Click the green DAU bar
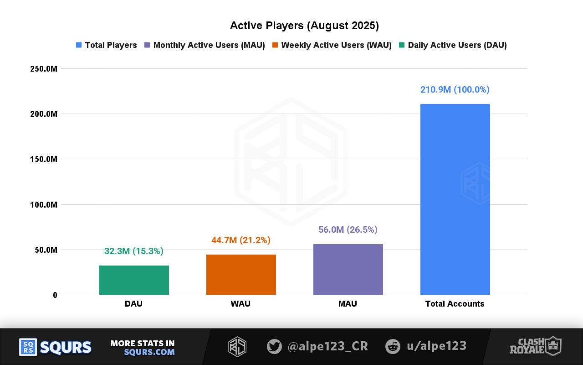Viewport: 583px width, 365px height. coord(134,280)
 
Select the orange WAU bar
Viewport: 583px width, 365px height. coord(241,275)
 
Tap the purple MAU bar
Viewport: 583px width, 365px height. coord(348,269)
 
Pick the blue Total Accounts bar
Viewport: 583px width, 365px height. coord(455,199)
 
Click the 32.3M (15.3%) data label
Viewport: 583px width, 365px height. coord(134,251)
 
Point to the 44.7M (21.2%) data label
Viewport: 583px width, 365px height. coord(241,240)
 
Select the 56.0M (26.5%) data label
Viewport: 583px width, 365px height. coord(348,229)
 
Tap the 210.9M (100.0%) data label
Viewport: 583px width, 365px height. coord(455,89)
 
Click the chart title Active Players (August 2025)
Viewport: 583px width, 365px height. coord(304,26)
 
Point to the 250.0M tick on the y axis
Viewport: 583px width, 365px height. coord(44,69)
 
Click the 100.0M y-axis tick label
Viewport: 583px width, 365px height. coord(44,205)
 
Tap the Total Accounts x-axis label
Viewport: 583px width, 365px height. coord(455,304)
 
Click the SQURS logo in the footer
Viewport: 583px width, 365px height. coord(56,347)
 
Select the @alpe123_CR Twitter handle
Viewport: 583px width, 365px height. coord(327,346)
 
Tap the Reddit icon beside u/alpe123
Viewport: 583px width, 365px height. coord(393,346)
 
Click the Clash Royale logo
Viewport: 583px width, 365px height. coord(535,346)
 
